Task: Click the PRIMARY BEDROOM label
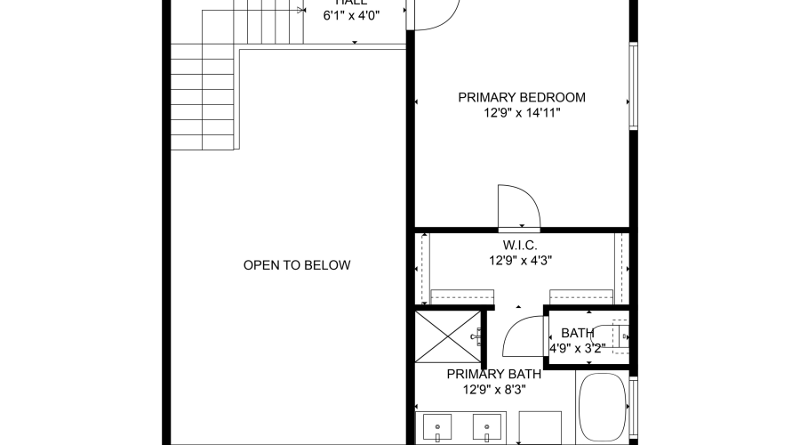pos(522,97)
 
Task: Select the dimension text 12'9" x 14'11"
pos(522,113)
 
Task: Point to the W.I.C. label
pos(520,245)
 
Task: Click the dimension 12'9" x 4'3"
pos(520,261)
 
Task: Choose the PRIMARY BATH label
pos(493,375)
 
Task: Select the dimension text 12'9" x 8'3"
pos(493,391)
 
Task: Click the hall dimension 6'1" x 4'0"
pos(350,16)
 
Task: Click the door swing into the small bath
pos(524,337)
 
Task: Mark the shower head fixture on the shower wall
pos(479,336)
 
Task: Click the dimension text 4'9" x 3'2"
pos(577,348)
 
